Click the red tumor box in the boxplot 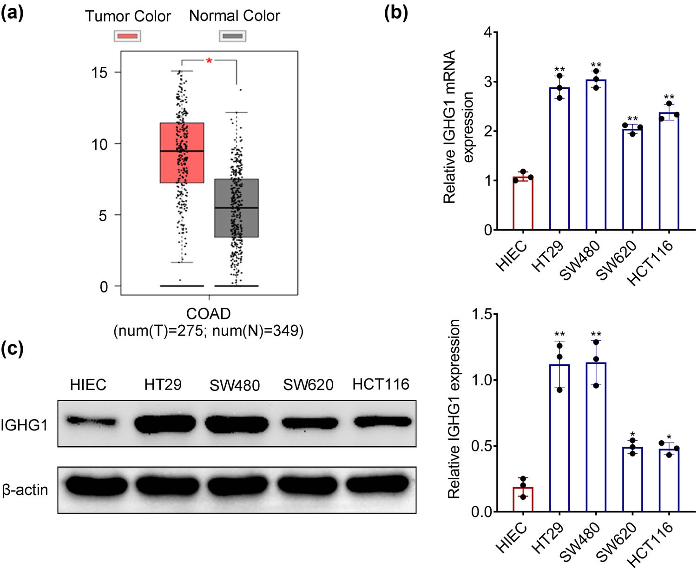pos(182,152)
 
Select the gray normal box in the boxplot pos(236,208)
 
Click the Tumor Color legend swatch pos(127,36)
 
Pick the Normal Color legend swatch pos(232,36)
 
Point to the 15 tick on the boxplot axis pos(99,73)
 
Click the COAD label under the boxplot pos(208,314)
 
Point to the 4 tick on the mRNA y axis pos(487,33)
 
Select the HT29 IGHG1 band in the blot pos(165,423)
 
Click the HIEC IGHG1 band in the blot pos(91,422)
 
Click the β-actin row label pos(25,490)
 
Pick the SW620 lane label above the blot pos(308,385)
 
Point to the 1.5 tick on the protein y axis pos(481,314)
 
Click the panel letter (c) pos(12,349)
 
